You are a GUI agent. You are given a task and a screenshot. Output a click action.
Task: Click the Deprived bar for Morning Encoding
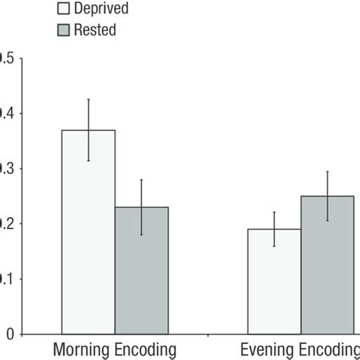89,232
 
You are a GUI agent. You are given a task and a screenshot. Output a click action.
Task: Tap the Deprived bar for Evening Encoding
274,281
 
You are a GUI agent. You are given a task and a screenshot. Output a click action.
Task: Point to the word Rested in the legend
96,30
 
